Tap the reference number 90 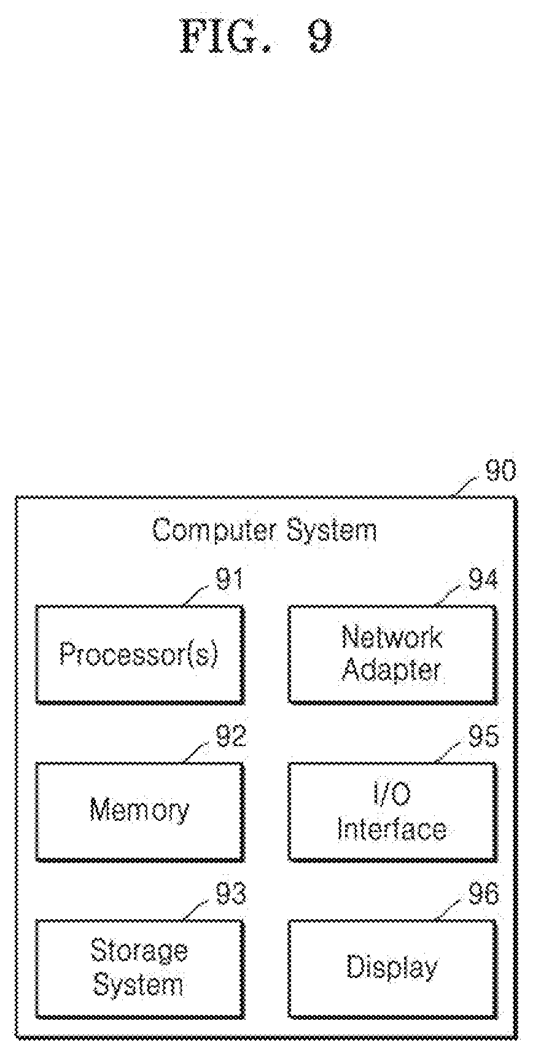[500, 472]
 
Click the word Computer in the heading [214, 530]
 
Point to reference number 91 [229, 579]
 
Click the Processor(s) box [139, 654]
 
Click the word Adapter [392, 670]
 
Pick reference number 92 [230, 736]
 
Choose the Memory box [139, 811]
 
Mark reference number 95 [483, 736]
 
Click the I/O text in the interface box [392, 795]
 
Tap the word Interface [392, 828]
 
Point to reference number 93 [230, 894]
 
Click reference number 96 [483, 894]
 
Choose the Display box [392, 968]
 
